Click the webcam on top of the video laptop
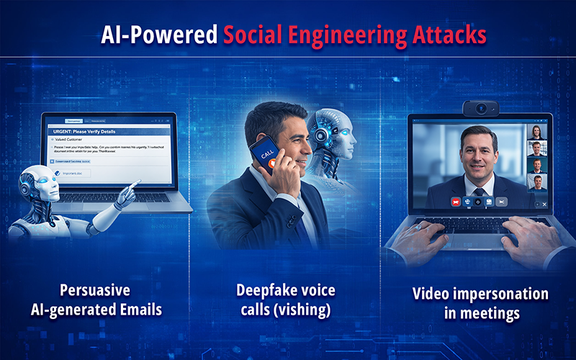click(480, 109)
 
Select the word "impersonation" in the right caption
click(501, 294)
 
